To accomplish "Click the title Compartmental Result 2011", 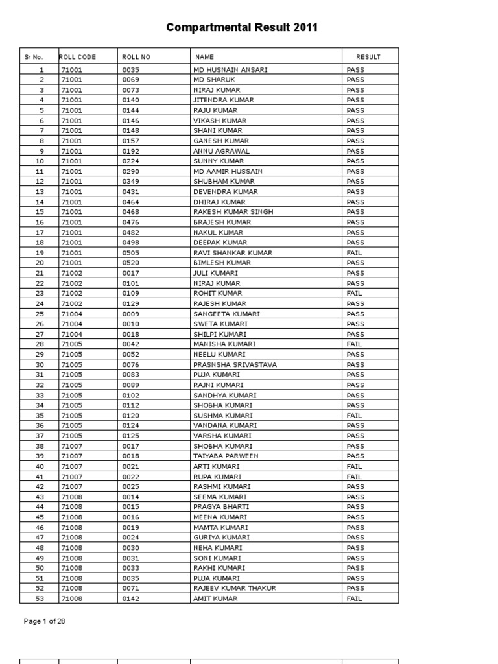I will click(x=242, y=27).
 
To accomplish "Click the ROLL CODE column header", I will click(x=78, y=57).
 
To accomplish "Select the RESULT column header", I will click(x=368, y=57).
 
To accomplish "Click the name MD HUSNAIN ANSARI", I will click(x=230, y=69).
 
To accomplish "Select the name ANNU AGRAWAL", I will click(x=221, y=151).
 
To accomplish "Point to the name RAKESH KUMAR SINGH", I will click(x=233, y=212).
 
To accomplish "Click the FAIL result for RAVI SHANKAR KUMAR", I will click(x=355, y=253).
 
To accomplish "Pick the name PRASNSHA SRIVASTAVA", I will click(x=235, y=364).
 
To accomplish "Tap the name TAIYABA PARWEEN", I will click(x=226, y=456).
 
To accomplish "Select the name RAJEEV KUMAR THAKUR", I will click(x=234, y=588).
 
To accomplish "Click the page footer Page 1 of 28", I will click(x=45, y=621).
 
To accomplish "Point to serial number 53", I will click(x=41, y=599).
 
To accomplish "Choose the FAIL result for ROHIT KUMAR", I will click(x=355, y=293).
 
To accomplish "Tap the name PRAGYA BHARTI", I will click(x=221, y=506).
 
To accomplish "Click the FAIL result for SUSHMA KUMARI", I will click(x=355, y=415).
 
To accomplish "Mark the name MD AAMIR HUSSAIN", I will click(x=228, y=171).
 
